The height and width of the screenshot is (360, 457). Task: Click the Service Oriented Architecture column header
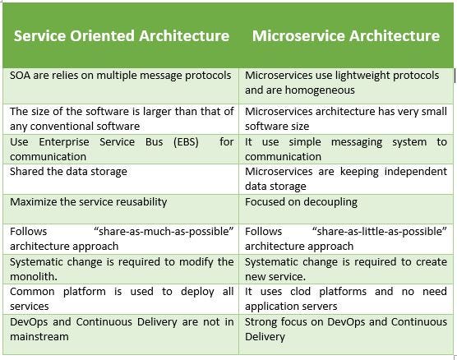122,36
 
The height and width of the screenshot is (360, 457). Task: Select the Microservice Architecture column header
346,36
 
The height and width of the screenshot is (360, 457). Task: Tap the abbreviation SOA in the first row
20,76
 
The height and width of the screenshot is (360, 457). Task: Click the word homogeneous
320,90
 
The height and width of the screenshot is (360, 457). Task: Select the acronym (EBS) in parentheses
186,142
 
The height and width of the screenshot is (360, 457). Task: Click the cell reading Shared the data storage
68,172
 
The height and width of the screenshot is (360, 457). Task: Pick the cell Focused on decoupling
301,202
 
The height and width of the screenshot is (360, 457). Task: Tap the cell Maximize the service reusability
88,202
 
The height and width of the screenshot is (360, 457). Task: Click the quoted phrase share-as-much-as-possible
164,232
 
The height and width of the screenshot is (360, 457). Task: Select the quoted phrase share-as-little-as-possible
380,232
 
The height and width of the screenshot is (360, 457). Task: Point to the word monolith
34,277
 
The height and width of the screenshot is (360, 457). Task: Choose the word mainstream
39,337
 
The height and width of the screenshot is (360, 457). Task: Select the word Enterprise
64,142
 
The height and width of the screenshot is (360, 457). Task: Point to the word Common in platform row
32,292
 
